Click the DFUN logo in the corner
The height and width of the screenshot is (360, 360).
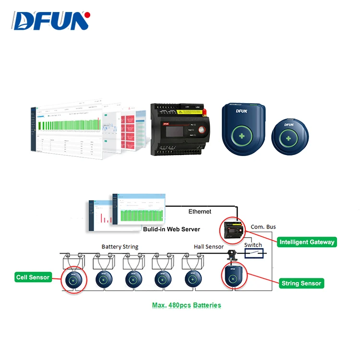pyautogui.click(x=51, y=21)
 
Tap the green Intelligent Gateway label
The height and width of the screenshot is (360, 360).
pyautogui.click(x=307, y=242)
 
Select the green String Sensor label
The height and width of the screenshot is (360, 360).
pyautogui.click(x=301, y=283)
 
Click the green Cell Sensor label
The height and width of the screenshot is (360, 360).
pyautogui.click(x=33, y=277)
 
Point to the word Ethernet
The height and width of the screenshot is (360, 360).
pyautogui.click(x=199, y=211)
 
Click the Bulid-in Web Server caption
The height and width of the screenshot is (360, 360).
pyautogui.click(x=171, y=229)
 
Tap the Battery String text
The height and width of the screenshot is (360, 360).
pyautogui.click(x=120, y=247)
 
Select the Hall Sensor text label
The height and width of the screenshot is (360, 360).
pyautogui.click(x=208, y=247)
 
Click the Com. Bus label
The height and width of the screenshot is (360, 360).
pyautogui.click(x=264, y=227)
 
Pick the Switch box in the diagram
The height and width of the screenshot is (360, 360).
pyautogui.click(x=253, y=252)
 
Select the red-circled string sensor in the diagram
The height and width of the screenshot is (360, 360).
pyautogui.click(x=232, y=277)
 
